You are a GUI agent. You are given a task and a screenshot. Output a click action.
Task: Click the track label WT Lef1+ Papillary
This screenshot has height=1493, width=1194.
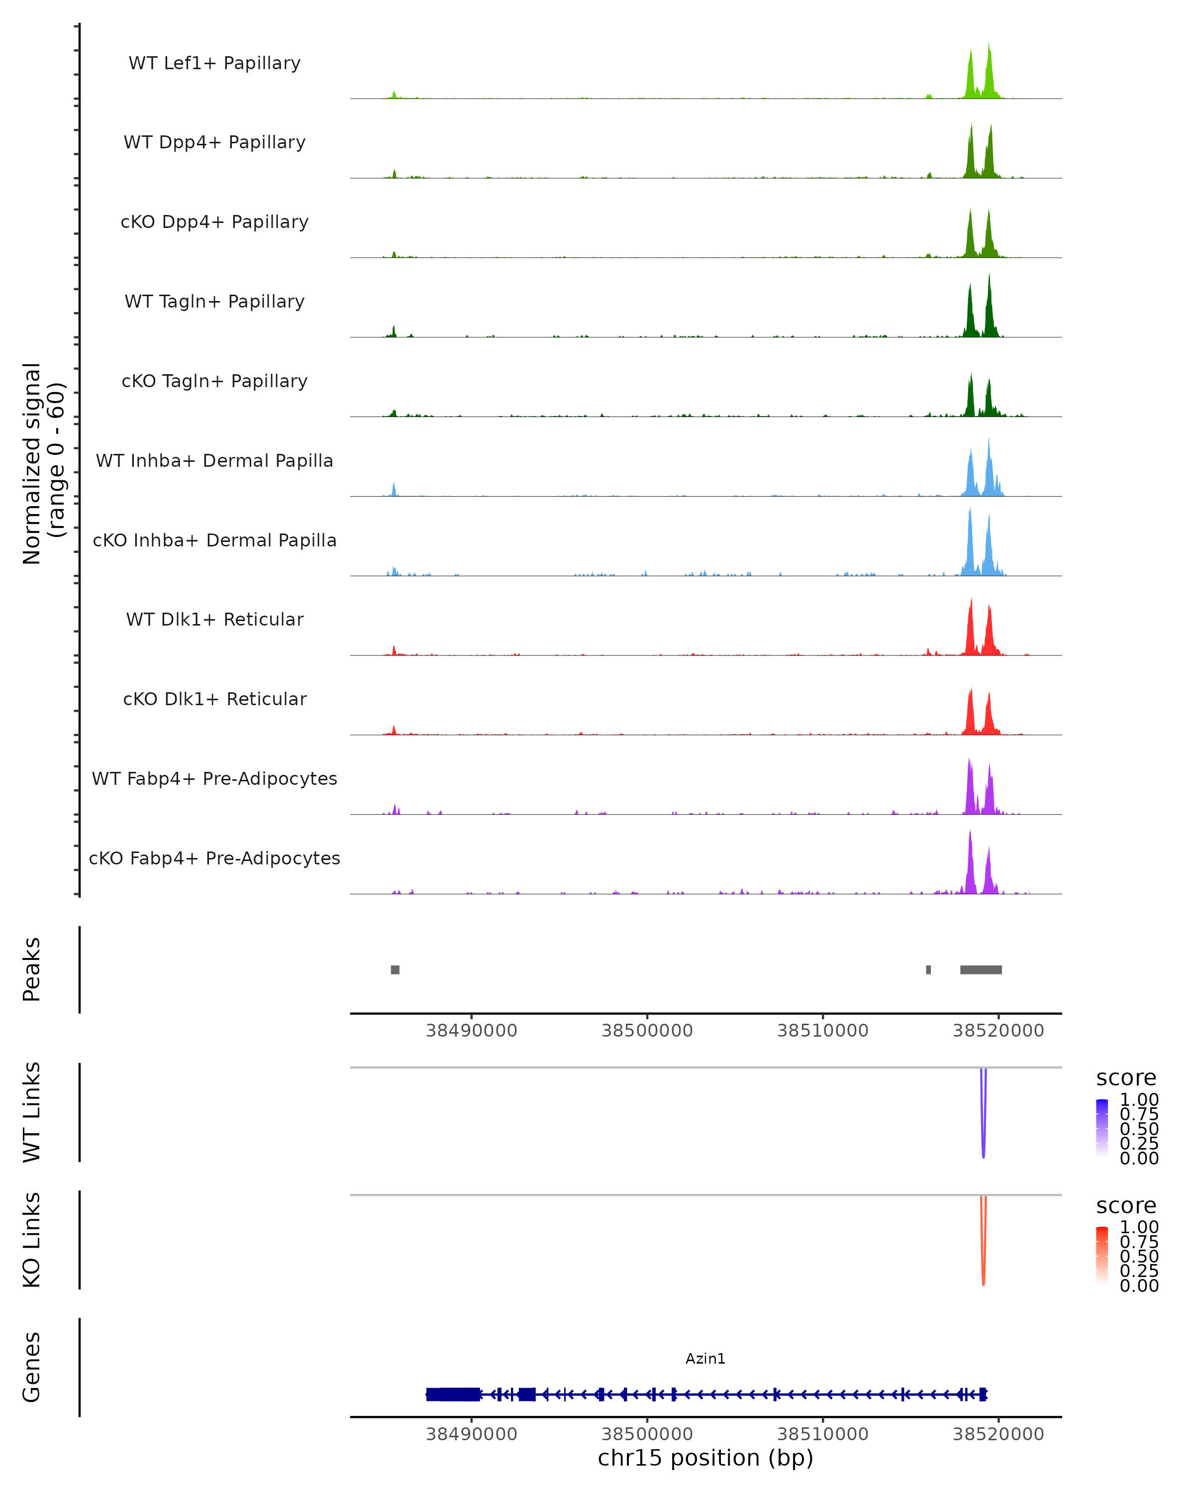point(214,63)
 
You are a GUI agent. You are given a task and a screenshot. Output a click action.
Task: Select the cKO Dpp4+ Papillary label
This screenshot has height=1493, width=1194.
point(214,221)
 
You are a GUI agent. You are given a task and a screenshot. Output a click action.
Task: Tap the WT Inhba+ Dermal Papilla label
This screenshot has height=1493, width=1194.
point(214,460)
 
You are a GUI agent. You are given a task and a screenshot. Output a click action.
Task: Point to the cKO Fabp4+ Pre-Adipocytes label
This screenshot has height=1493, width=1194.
point(214,858)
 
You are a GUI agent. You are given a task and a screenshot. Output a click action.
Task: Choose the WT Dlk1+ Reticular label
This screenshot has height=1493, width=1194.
point(214,619)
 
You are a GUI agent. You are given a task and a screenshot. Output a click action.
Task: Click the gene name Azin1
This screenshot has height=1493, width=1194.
point(705,1359)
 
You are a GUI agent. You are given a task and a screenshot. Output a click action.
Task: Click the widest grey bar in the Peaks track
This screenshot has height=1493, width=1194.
point(981,969)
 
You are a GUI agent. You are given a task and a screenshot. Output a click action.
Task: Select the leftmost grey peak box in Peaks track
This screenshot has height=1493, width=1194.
point(395,969)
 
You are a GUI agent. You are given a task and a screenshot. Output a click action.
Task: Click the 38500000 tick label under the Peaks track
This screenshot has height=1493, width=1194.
point(647,1031)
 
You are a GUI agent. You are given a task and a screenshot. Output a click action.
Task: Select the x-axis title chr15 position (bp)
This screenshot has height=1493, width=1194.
point(705,1458)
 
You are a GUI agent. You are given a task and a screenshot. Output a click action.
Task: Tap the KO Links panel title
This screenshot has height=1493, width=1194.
point(32,1240)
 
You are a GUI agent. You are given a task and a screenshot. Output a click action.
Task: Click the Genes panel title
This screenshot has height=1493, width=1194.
point(32,1367)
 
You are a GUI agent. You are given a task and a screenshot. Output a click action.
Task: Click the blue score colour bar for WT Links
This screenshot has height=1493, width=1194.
point(1102,1127)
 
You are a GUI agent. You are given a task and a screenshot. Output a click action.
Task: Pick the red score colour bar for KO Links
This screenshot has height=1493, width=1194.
point(1102,1256)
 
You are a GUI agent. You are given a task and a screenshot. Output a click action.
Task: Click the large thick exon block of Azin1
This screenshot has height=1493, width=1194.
point(453,1394)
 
